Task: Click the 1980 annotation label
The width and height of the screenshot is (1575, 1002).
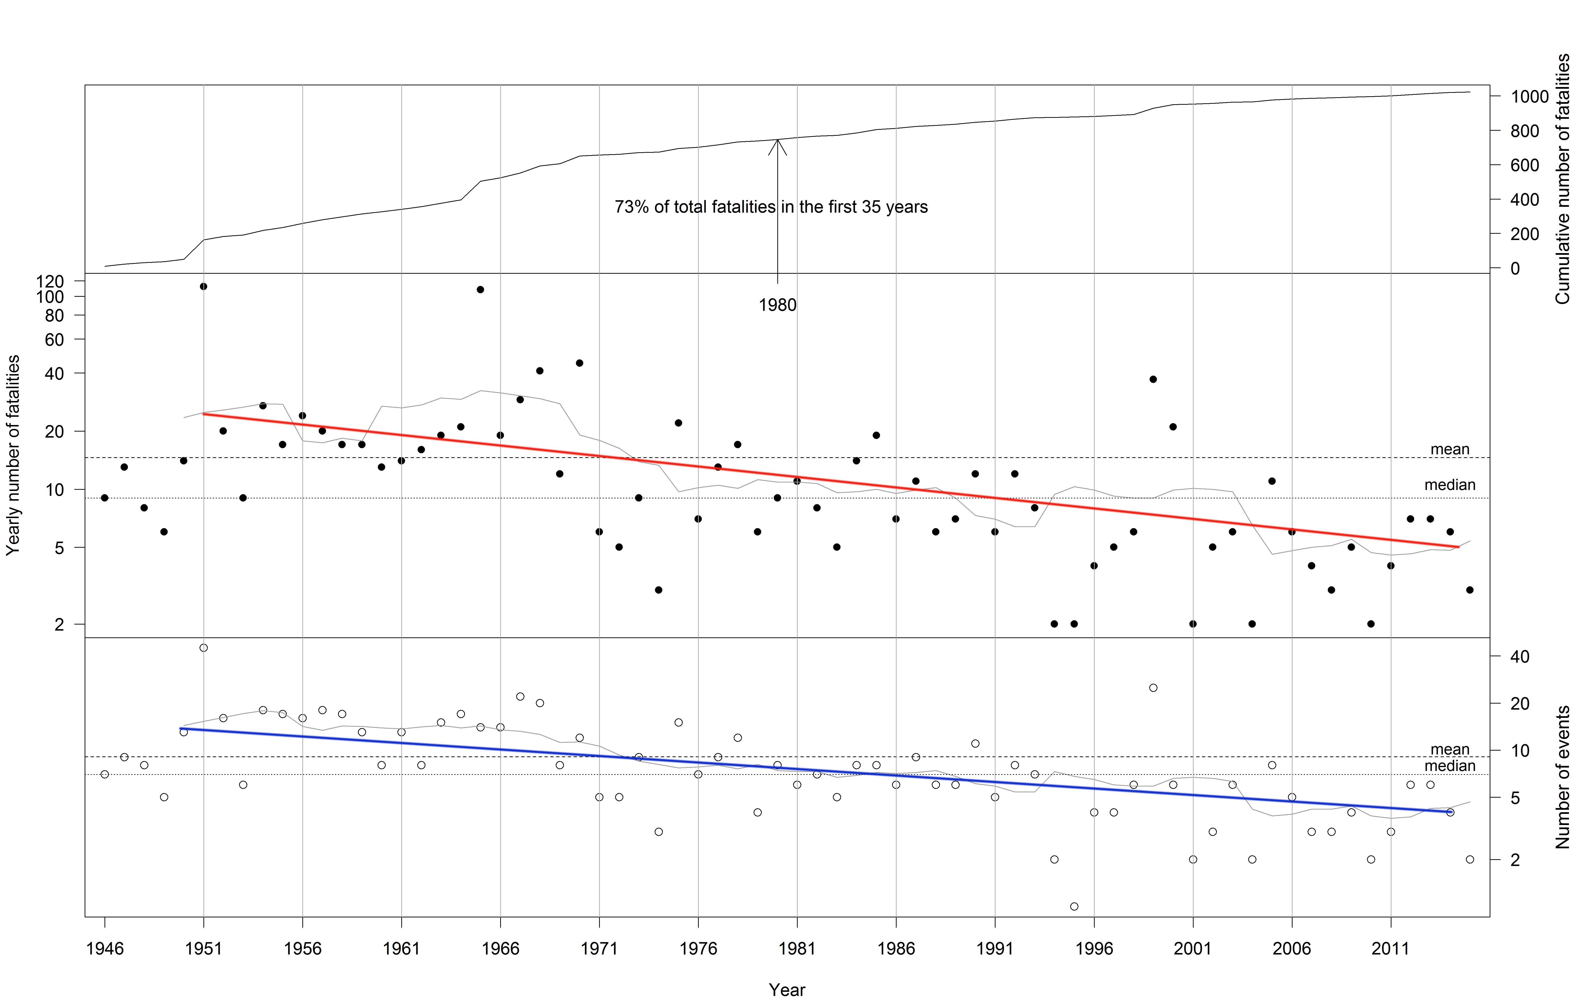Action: click(777, 305)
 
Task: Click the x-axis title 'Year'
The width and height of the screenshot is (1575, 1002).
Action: click(787, 990)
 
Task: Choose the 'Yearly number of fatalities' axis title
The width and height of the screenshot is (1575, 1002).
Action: click(13, 455)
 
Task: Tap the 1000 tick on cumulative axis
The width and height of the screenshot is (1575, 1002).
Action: click(1529, 97)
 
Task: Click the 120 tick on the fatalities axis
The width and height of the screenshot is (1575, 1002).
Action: click(50, 281)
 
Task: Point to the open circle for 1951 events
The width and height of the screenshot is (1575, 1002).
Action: click(203, 648)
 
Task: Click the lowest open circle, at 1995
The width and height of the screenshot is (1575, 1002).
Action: click(1074, 906)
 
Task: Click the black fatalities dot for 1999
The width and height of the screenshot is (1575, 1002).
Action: click(1153, 379)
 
